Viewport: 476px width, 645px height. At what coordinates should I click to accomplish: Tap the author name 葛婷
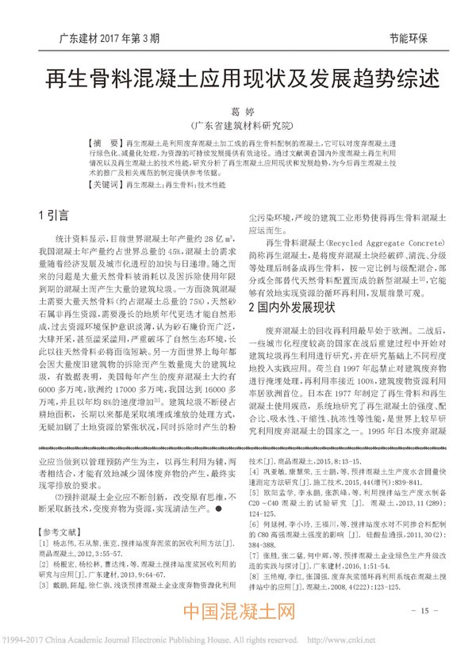[238, 113]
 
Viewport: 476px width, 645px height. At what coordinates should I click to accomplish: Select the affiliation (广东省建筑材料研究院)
[238, 125]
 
